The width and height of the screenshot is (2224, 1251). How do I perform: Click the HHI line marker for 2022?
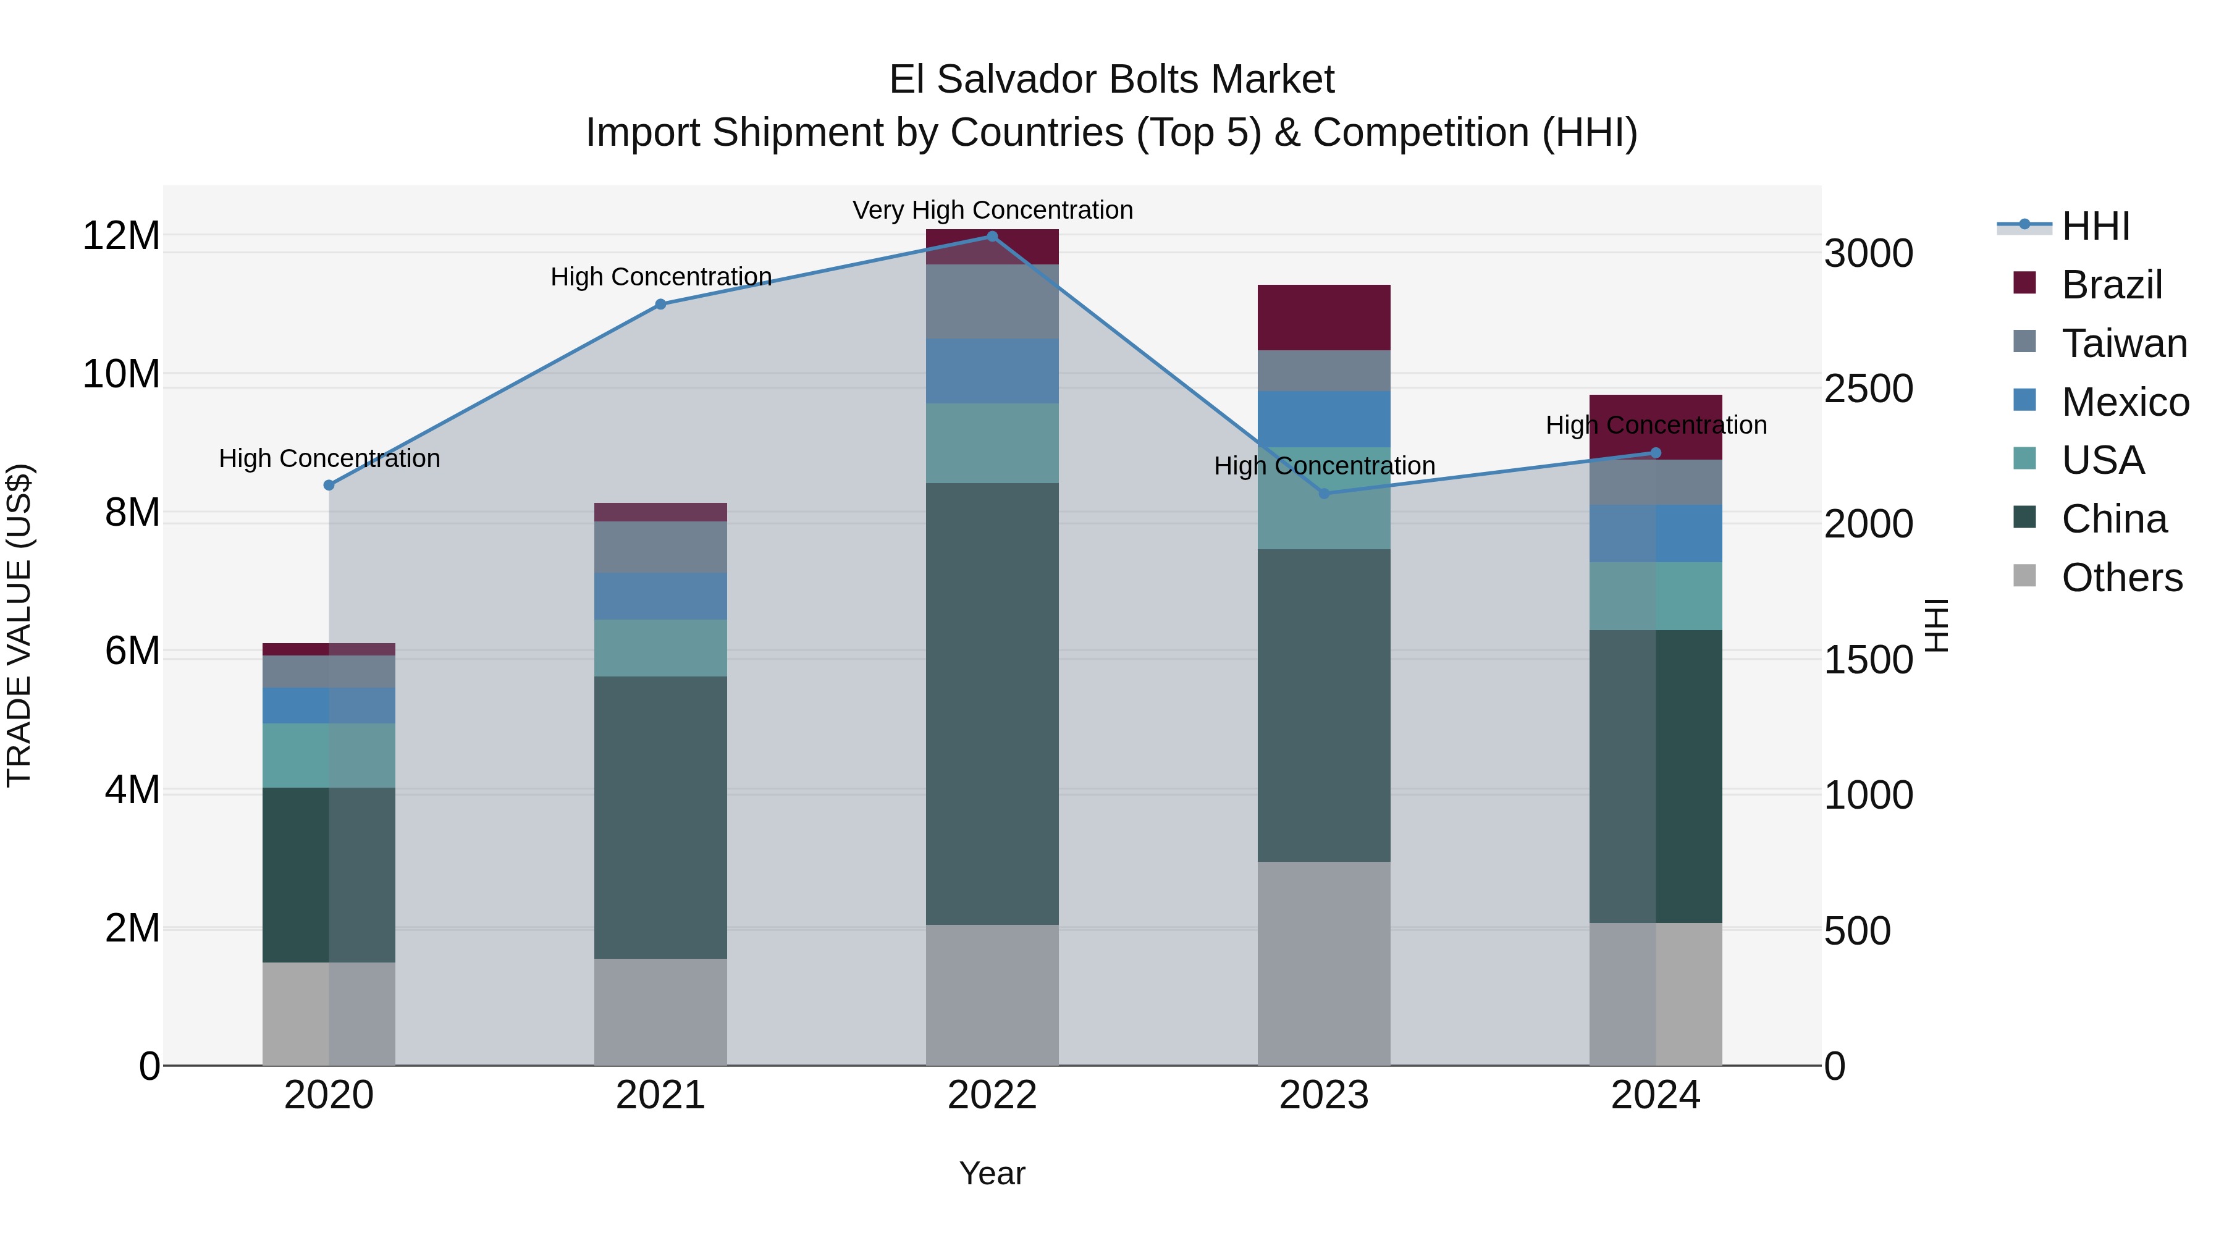(x=992, y=237)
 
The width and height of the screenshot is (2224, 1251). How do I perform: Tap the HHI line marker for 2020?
(x=329, y=485)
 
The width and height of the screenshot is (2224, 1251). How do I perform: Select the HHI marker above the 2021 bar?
(x=660, y=304)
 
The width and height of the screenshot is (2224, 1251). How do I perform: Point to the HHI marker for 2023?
(x=1325, y=494)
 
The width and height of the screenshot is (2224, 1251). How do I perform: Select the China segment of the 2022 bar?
(x=992, y=704)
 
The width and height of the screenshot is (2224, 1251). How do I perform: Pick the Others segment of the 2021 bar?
(x=660, y=1012)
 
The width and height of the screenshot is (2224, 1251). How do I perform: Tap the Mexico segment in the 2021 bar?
(x=660, y=596)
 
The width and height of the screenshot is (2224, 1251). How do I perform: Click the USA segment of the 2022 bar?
(x=992, y=443)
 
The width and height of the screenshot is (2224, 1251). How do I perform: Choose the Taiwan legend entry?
(x=2124, y=343)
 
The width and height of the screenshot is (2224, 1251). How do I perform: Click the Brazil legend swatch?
(x=2024, y=283)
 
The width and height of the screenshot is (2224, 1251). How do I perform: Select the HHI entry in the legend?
(x=2096, y=226)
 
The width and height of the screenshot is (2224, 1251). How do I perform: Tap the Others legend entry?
(x=2121, y=578)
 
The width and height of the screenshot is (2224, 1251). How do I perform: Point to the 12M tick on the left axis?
(x=121, y=236)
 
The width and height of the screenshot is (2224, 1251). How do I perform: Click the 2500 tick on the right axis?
(x=1868, y=389)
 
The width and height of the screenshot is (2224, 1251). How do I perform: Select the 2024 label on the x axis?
(x=1655, y=1095)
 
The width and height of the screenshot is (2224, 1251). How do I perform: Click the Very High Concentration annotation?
(x=993, y=210)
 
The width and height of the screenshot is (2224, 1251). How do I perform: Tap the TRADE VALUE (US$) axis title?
(x=19, y=625)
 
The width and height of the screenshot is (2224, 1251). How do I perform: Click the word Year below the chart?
(x=992, y=1173)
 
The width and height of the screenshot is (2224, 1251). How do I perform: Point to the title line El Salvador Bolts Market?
(x=1111, y=80)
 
